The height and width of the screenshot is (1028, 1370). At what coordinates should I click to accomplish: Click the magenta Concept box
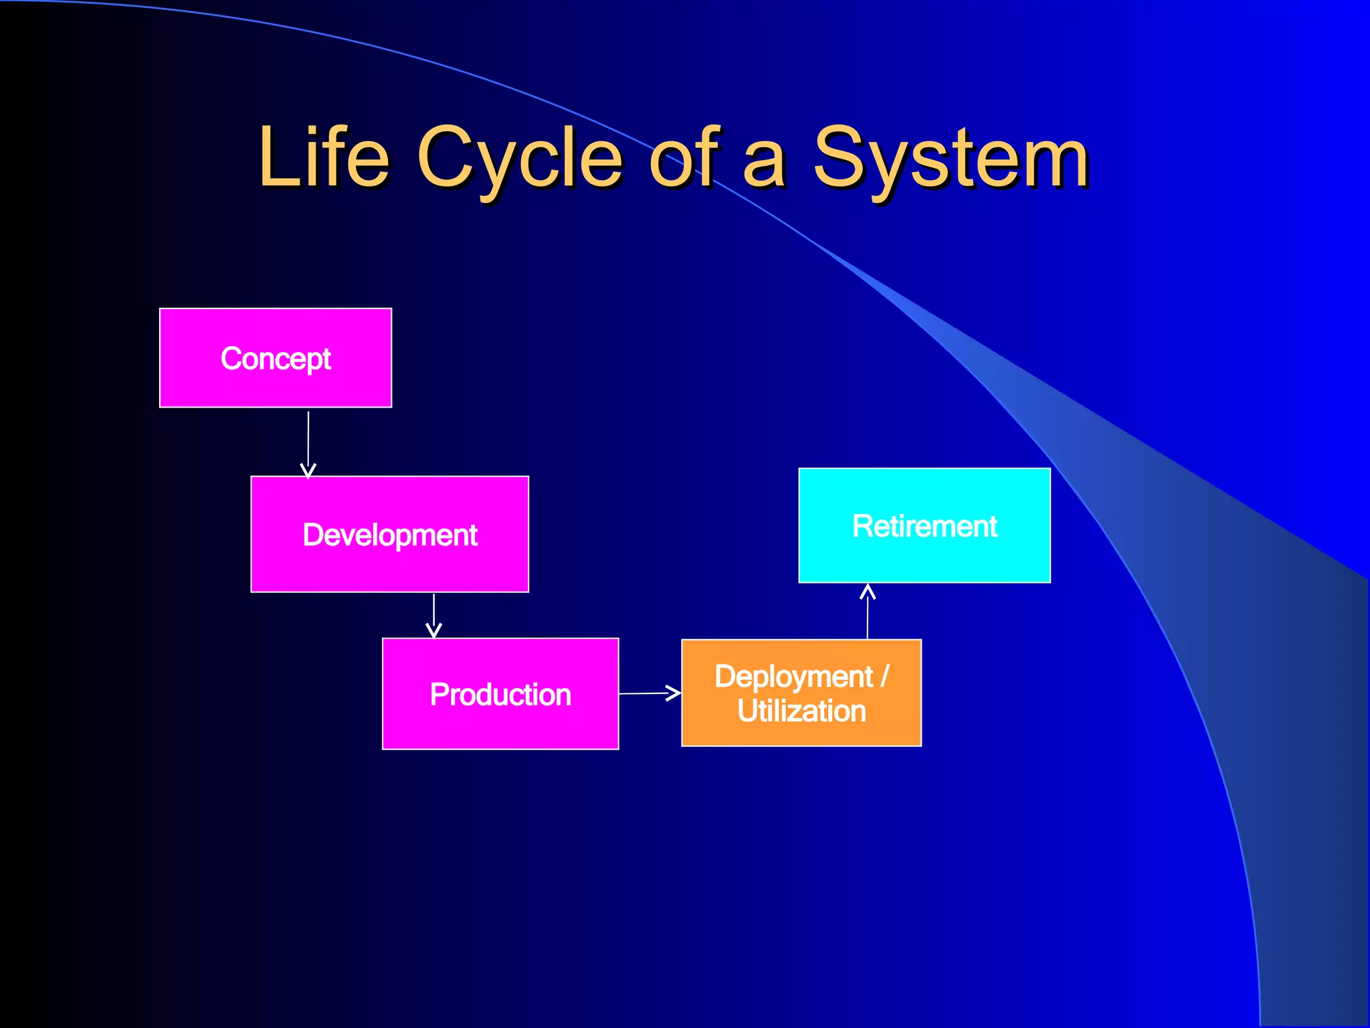(276, 358)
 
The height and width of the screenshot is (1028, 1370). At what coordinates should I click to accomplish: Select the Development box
(389, 534)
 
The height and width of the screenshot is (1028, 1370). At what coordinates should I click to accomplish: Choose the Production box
(500, 694)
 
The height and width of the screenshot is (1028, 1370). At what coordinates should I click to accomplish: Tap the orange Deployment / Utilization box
(801, 693)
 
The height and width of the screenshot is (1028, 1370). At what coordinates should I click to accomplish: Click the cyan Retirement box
(924, 525)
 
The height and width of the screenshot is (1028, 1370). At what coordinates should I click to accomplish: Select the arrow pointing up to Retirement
(868, 612)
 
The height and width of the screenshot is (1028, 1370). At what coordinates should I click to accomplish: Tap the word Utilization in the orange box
(801, 711)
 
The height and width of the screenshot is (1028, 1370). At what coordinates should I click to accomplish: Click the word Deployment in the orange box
(793, 676)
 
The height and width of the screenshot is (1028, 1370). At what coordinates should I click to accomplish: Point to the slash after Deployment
(885, 676)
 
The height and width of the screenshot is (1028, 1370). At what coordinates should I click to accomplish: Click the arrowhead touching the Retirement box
(868, 590)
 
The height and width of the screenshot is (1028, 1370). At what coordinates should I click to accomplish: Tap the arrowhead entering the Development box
(308, 471)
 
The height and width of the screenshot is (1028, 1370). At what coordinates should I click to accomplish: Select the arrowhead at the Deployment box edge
(674, 693)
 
